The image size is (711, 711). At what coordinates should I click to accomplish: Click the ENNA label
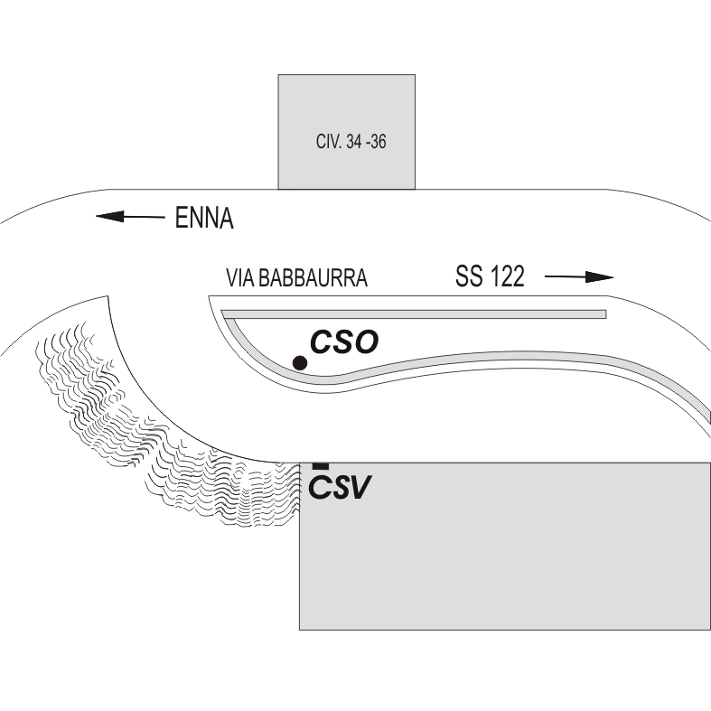coord(204,218)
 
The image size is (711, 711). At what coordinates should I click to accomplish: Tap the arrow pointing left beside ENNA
coord(131,217)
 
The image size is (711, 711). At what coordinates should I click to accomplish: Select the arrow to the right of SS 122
coord(579,276)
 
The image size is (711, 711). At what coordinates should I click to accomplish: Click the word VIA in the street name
coord(240,278)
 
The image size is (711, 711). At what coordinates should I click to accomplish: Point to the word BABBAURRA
coord(313,278)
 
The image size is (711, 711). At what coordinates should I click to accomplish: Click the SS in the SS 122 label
coord(469,276)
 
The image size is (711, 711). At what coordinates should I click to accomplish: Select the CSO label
coord(344,341)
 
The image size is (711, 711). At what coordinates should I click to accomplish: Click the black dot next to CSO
coord(300,363)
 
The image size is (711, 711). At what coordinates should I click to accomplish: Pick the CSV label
coord(340,488)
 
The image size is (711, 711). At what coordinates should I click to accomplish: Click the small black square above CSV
coord(321,465)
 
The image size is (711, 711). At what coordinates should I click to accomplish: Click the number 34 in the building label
coord(354,142)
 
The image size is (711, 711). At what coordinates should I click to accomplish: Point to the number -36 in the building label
coord(376,142)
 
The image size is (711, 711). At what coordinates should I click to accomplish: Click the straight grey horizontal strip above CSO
coord(414,314)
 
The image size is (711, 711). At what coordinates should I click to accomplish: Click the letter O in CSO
coord(366,342)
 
